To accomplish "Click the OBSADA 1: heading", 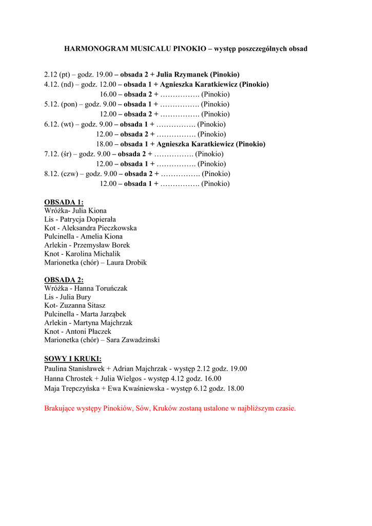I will [64, 202].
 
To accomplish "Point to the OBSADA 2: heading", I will [64, 280].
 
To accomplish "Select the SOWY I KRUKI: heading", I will [73, 359].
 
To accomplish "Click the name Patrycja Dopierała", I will [88, 219].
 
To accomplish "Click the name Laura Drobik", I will [127, 262].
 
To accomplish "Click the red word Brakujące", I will [60, 408].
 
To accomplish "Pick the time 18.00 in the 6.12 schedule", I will [104, 144].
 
